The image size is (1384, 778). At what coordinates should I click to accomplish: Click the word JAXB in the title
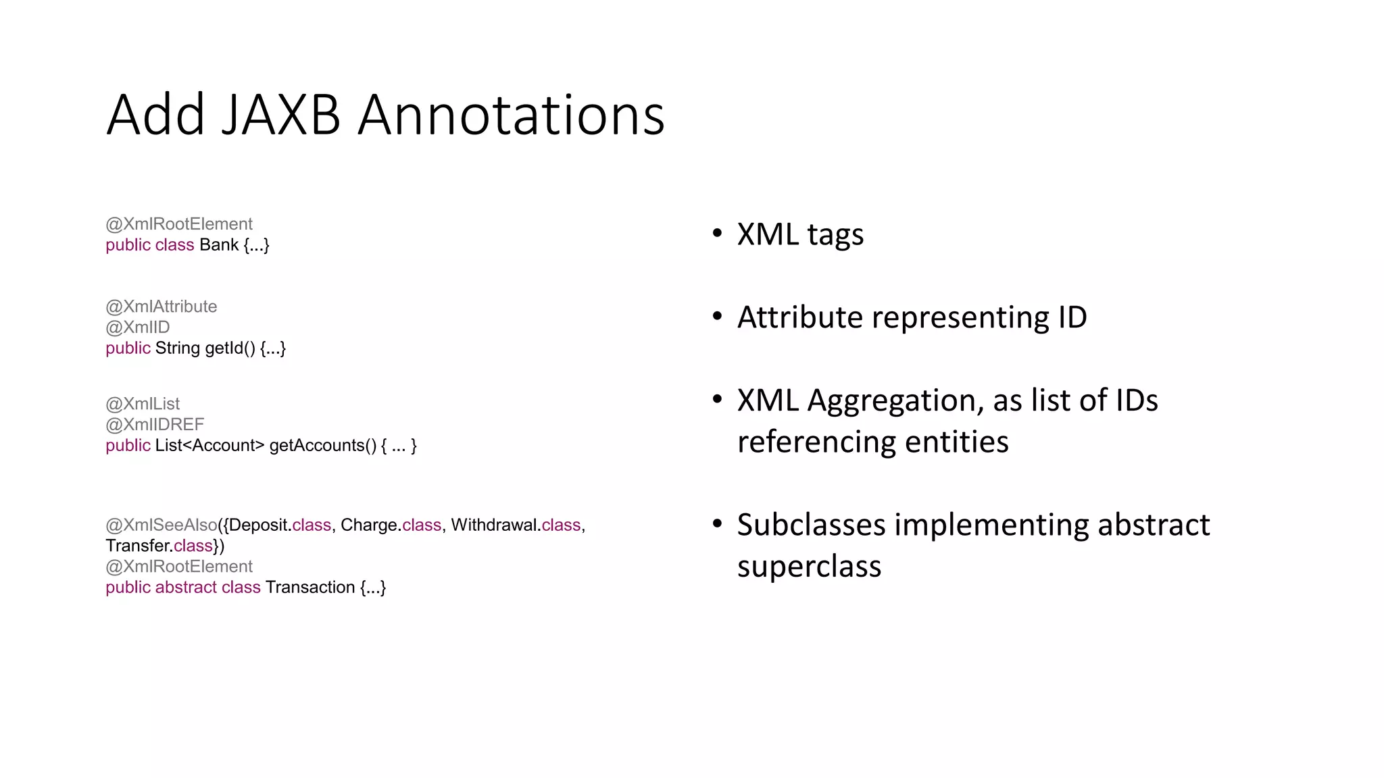280,115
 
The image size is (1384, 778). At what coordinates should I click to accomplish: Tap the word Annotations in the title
511,115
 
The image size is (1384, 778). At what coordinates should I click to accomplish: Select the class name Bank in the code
218,245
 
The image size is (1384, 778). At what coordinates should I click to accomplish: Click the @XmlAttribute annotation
161,307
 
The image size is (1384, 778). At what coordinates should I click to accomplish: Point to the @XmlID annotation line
137,328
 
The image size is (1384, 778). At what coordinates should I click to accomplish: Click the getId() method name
230,348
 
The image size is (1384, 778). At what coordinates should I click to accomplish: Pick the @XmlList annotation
143,404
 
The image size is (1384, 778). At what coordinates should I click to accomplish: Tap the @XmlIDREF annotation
155,425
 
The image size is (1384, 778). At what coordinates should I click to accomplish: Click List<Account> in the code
209,446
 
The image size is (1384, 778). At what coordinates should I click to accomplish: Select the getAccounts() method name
322,446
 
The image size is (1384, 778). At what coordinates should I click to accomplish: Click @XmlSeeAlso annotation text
162,525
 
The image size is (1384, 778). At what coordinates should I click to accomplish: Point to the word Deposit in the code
259,525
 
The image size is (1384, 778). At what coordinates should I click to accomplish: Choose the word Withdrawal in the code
494,525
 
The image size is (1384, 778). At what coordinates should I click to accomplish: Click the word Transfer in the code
137,546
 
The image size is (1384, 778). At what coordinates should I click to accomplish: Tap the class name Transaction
310,588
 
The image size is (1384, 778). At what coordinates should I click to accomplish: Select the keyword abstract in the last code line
186,588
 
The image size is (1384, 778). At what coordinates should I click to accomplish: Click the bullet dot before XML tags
717,234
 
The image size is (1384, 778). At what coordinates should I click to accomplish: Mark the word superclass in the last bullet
809,566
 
